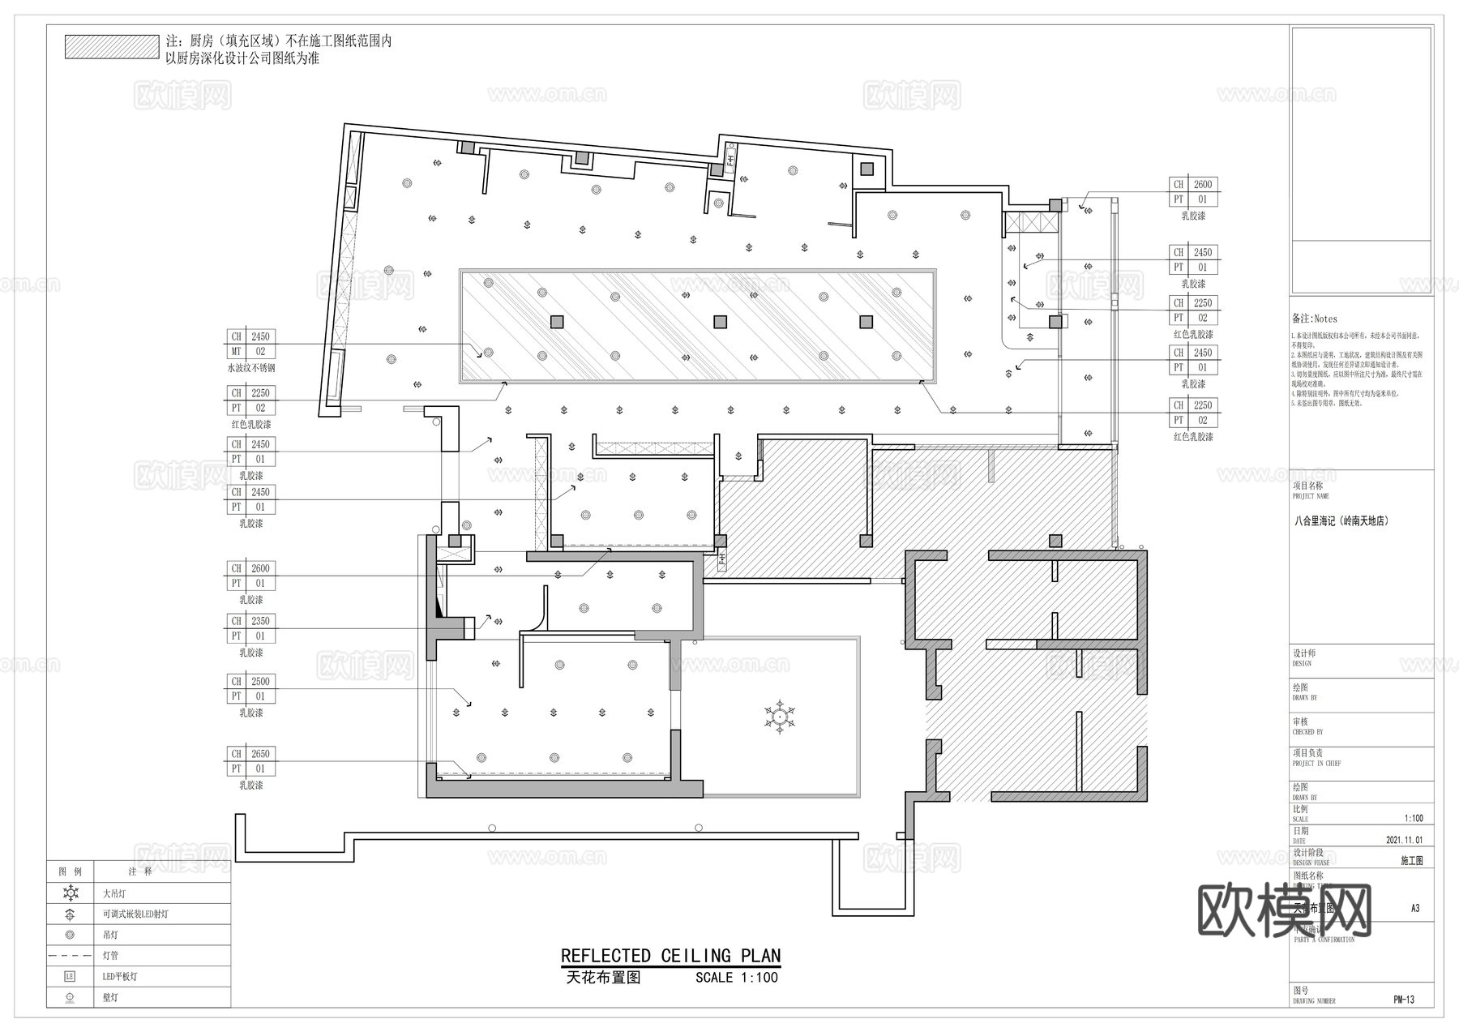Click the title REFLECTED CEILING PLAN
[x=670, y=956]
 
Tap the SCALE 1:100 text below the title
[x=736, y=978]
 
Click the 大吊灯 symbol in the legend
[x=71, y=893]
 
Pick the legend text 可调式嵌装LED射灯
[x=135, y=914]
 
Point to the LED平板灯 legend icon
[x=71, y=977]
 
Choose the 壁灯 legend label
[x=110, y=998]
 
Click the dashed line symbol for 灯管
[x=71, y=956]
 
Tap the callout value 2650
[x=260, y=754]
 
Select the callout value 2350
[x=260, y=621]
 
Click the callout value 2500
[x=260, y=682]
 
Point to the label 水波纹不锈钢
[x=251, y=368]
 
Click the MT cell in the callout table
[x=236, y=352]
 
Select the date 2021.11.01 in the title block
[x=1405, y=841]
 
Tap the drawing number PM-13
[x=1404, y=1000]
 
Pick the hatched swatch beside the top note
[x=112, y=47]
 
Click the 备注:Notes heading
[x=1315, y=319]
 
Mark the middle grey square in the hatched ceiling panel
[x=720, y=322]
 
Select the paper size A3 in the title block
[x=1415, y=909]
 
